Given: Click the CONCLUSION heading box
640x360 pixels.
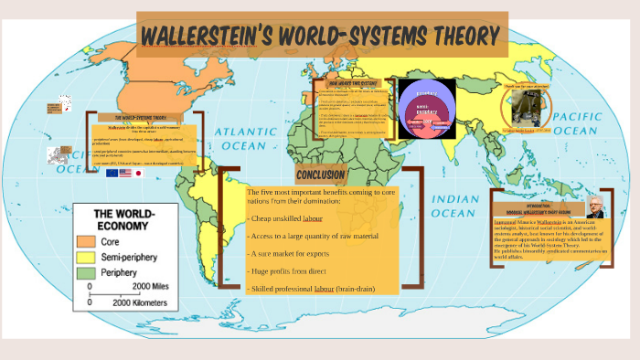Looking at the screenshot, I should (321, 174).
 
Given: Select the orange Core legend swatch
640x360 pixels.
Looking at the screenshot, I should (87, 241).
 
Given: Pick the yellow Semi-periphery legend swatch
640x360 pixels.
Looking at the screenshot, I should (87, 258).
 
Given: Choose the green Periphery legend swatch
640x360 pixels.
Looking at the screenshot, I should (87, 273).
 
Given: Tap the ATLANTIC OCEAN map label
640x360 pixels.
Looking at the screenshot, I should (245, 140).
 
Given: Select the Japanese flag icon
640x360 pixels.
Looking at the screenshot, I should (139, 173).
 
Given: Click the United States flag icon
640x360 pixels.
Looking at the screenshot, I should (125, 173).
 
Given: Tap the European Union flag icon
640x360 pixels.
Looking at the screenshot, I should (112, 173).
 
